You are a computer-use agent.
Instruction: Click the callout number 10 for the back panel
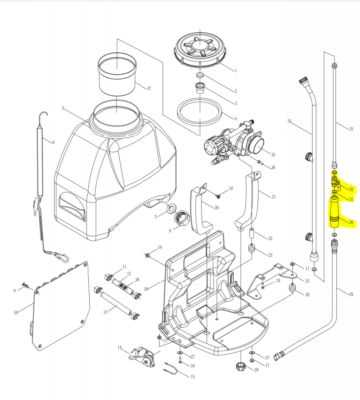(15, 312)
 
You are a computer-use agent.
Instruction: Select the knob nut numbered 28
(240, 366)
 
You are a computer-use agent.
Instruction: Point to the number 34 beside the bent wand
(289, 121)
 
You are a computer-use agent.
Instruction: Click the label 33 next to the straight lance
(351, 129)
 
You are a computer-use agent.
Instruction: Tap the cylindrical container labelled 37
(117, 74)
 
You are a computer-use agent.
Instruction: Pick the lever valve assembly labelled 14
(143, 355)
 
